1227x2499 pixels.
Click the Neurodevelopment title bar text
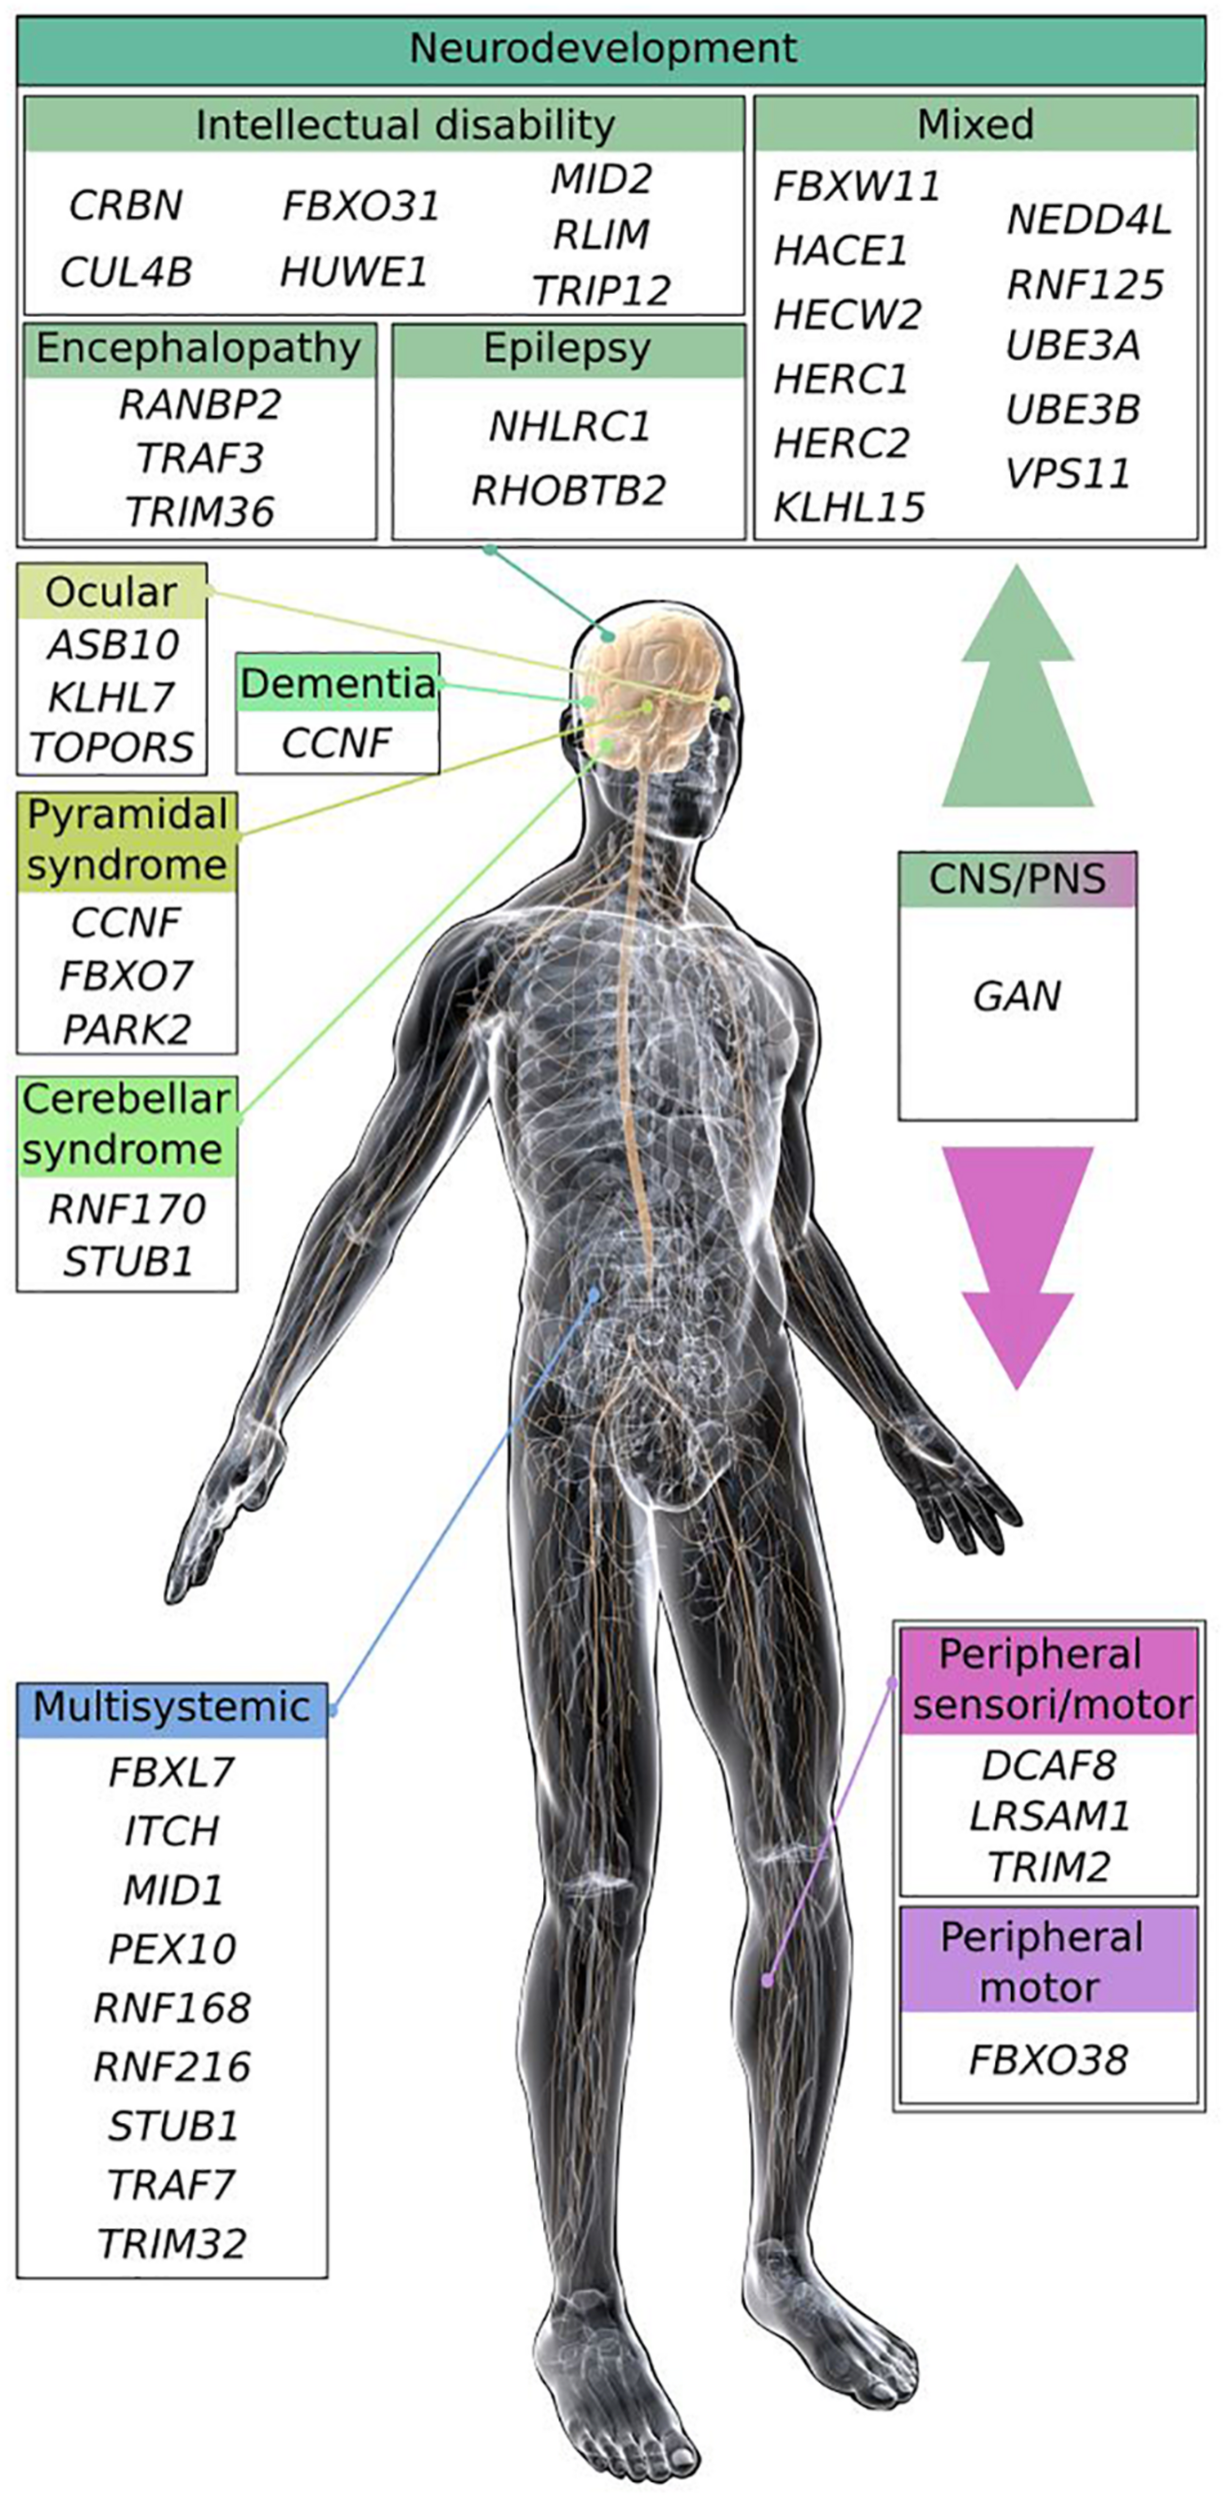pos(603,48)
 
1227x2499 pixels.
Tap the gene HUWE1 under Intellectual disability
pos(353,272)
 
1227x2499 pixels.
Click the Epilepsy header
pos(567,349)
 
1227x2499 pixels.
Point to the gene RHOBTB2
pos(568,491)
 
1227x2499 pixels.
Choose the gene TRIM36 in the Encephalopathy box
pos(200,512)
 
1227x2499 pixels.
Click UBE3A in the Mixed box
pos(1073,346)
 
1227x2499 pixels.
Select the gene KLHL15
pos(849,507)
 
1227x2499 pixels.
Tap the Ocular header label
pos(111,592)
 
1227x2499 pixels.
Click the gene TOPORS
pos(111,747)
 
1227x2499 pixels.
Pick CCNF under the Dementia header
pos(336,743)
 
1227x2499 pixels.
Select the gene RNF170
pos(127,1209)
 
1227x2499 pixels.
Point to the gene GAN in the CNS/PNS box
pos(1017,996)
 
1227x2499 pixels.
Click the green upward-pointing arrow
pos(1017,690)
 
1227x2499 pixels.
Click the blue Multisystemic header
pos(172,1707)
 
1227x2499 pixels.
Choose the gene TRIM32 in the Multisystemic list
pos(172,2244)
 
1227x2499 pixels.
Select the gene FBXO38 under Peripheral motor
pos(1048,2060)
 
